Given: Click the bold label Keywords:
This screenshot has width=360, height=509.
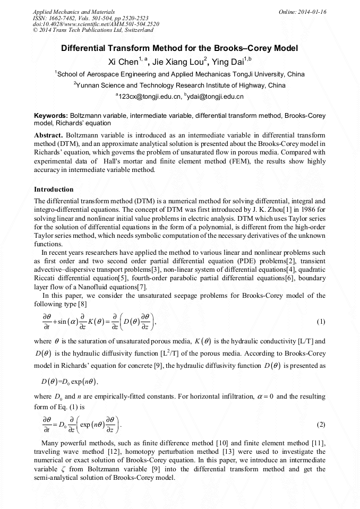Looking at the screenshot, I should point(51,115).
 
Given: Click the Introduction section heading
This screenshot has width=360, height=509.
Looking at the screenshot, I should point(54,189).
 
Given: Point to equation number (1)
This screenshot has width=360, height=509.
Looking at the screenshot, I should point(320,322).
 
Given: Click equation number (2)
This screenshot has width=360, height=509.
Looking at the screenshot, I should point(320,425).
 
